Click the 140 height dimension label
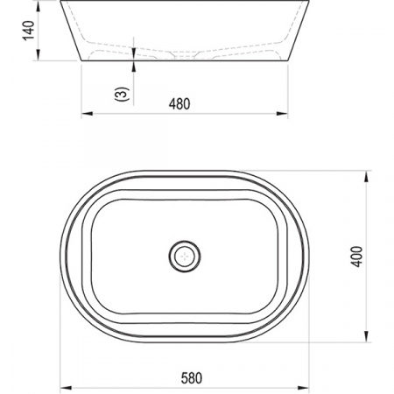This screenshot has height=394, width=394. pos(29,31)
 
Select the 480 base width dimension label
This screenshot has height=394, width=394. pos(179,104)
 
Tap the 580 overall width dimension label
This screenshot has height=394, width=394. pos(192,378)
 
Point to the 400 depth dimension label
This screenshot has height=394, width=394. pos(356,257)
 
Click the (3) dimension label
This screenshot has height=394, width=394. pos(122,94)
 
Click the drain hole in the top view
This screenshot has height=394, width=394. pos(185,257)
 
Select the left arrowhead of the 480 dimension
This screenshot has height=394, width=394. pos(87,114)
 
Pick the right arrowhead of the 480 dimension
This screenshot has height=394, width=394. pos(282,114)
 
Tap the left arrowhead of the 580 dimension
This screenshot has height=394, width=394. pos(66,388)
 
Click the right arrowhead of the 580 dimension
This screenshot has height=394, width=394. pos(303,388)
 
